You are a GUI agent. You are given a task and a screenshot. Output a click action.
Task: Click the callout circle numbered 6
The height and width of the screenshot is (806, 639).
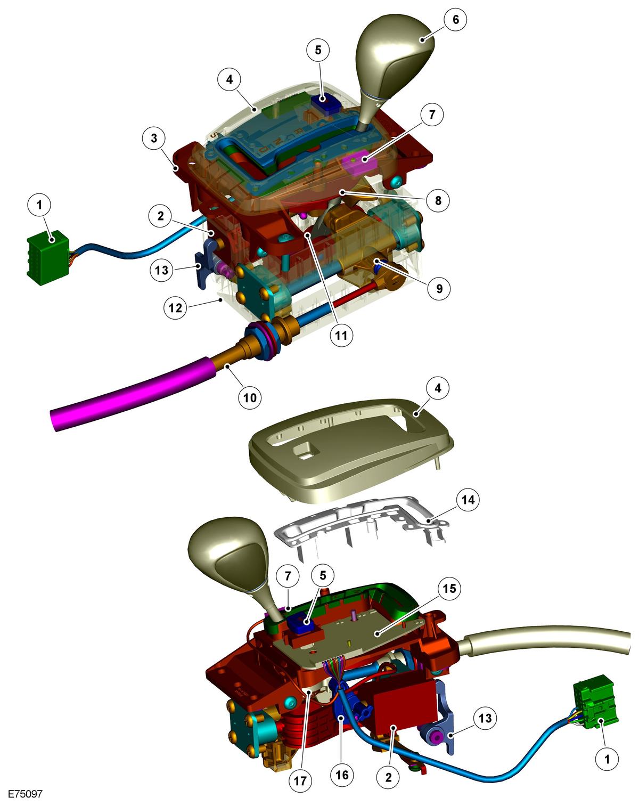coord(456,19)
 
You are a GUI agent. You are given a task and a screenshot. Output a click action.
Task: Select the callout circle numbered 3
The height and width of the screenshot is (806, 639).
coord(154,138)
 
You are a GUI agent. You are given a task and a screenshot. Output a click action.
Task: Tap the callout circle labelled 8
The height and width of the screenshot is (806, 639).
coord(438,200)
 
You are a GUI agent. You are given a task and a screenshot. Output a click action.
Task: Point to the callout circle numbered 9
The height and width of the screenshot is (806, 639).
coord(439,288)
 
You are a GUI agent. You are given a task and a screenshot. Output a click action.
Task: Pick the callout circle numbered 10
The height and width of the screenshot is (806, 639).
coord(250,397)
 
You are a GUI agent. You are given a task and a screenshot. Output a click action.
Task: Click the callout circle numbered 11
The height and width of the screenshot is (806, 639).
coord(341,335)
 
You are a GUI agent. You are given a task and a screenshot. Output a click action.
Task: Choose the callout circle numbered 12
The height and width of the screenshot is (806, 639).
coord(175,308)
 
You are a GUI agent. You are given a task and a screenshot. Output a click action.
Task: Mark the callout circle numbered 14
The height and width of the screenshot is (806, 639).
coord(468,499)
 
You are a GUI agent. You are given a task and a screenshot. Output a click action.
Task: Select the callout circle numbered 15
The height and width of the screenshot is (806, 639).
coord(449,588)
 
